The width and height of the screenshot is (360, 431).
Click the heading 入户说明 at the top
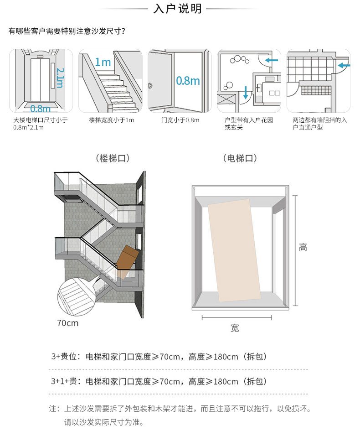coord(177,9)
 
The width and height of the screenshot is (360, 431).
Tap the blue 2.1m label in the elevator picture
coord(60,78)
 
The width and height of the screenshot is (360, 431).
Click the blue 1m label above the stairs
coord(103,62)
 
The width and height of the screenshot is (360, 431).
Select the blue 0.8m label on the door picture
coord(188,81)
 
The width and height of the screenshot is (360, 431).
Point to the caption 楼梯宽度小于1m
coord(111,120)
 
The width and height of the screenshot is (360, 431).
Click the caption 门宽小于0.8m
coord(180,120)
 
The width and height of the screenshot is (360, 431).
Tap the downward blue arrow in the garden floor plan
coord(246,93)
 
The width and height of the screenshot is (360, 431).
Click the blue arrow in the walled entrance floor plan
coord(344,65)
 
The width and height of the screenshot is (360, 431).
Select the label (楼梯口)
coord(113,158)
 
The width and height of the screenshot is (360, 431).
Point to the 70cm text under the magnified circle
coord(67,323)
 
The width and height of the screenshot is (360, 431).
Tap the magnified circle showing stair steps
coord(77,296)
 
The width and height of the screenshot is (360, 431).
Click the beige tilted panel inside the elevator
coord(234,250)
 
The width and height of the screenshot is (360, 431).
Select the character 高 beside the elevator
coord(303,247)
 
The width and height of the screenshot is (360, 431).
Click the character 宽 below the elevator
coord(235,328)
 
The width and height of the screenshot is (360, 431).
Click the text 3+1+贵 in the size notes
coord(64,381)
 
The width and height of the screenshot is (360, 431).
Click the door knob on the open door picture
coord(150,85)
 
